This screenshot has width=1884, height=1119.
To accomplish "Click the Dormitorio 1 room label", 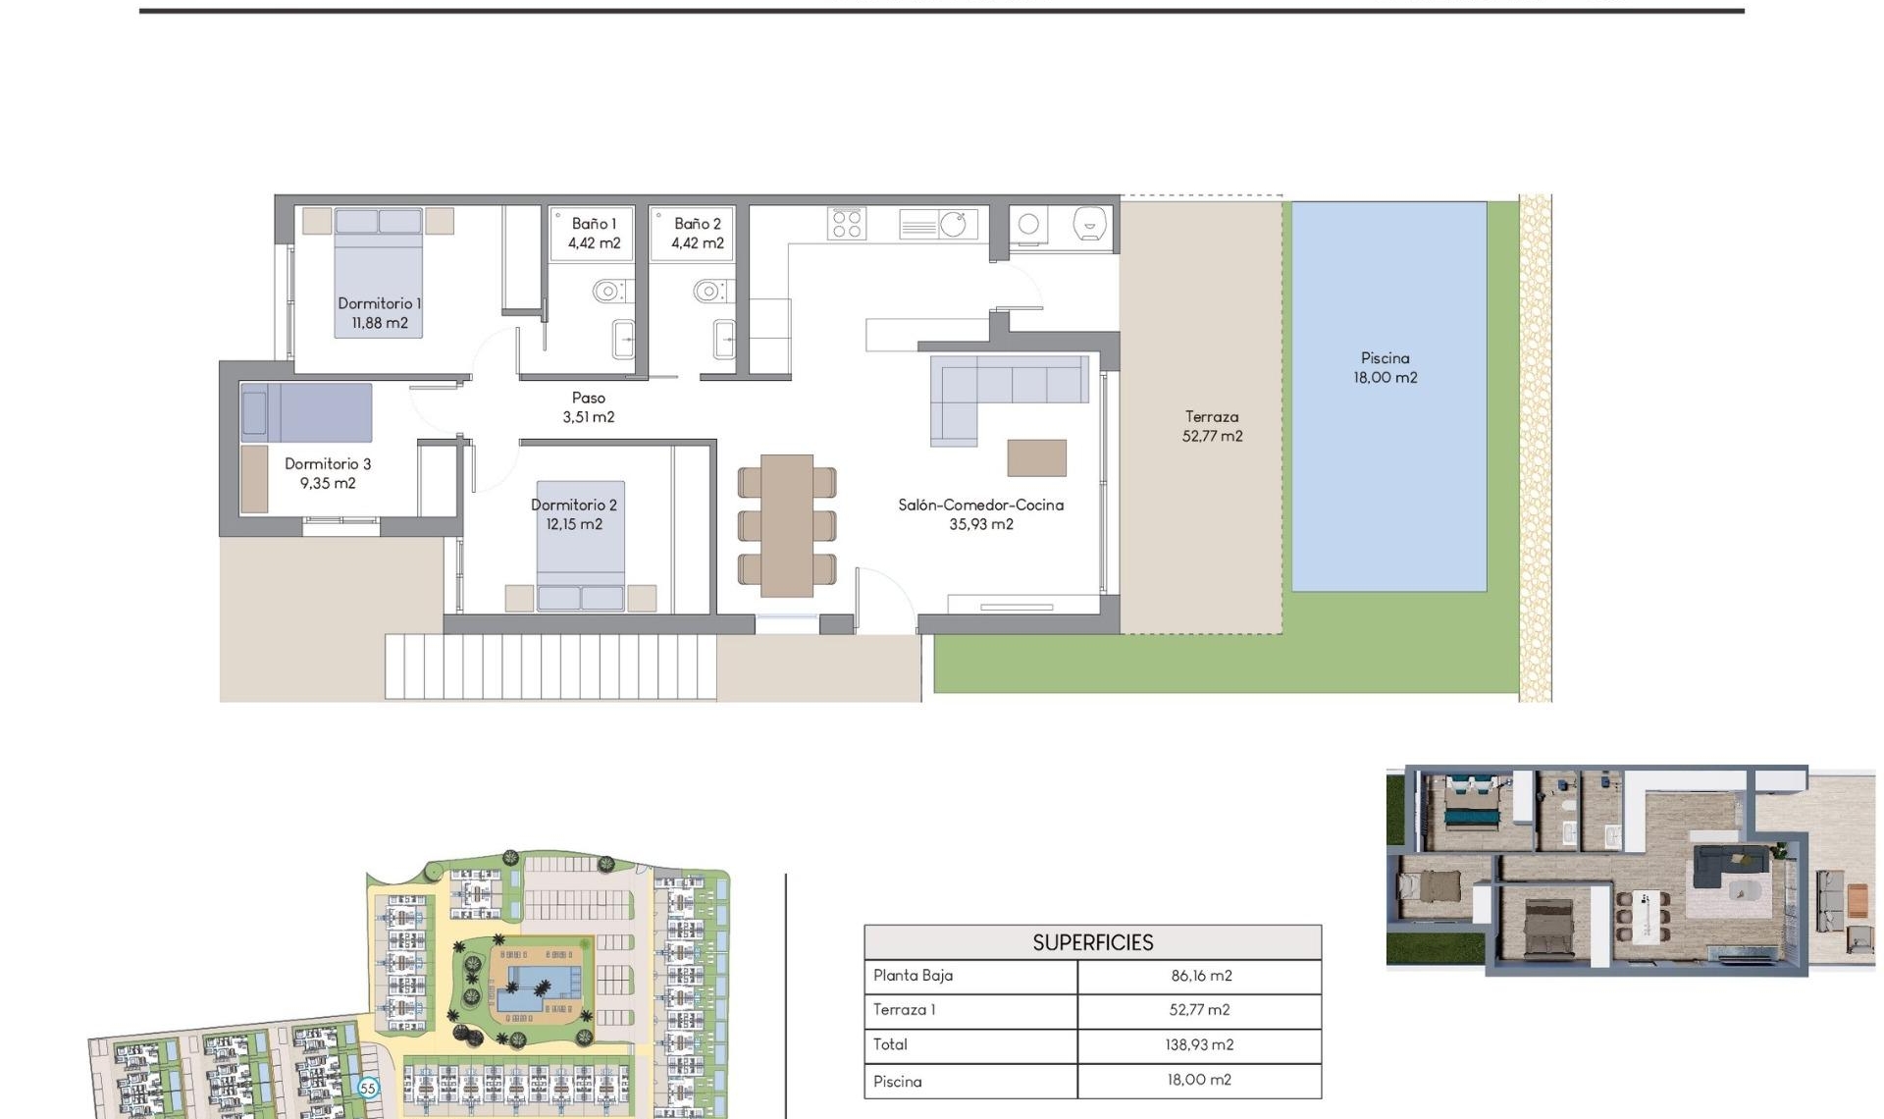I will coord(379,303).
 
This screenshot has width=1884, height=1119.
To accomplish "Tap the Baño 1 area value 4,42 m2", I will coord(594,243).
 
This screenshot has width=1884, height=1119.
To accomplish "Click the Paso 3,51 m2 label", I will coord(588,407).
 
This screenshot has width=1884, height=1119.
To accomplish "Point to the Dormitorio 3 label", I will coord(328,463).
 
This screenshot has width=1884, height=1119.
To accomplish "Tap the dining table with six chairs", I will coord(787,525).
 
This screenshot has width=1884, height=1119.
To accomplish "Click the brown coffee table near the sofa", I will coord(1036,457).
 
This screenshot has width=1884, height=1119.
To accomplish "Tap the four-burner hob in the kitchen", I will coord(846,223).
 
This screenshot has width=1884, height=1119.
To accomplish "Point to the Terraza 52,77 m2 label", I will coord(1212,426).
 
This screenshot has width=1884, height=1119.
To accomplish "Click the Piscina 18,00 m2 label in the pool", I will coord(1385,367).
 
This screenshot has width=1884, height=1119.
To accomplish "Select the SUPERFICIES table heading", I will coord(1092,942).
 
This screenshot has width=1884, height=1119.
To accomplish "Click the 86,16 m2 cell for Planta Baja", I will coord(1200,976).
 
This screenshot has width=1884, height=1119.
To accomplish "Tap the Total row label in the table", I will coord(890,1044).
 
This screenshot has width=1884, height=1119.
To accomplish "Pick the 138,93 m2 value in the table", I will coord(1199,1044).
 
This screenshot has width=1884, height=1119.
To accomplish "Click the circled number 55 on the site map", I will coord(368,1088).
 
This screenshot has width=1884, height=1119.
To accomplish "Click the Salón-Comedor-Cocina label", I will coord(980,505).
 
